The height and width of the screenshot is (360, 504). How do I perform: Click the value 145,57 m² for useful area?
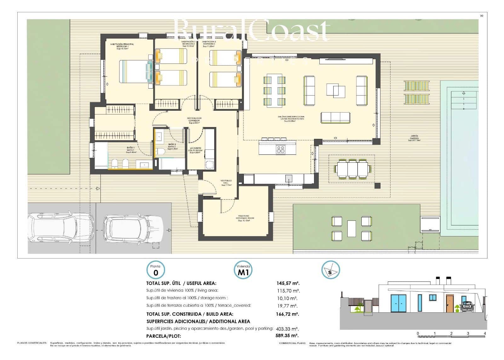pyautogui.click(x=287, y=283)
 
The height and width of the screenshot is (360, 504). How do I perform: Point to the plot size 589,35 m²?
pyautogui.click(x=287, y=336)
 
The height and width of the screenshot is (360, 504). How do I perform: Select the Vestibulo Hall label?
pyautogui.click(x=226, y=183)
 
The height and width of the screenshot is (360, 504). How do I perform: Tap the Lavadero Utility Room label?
pyautogui.click(x=195, y=150)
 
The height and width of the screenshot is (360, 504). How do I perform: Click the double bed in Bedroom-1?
pyautogui.click(x=136, y=71)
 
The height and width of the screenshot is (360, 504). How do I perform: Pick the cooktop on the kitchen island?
pyautogui.click(x=281, y=149)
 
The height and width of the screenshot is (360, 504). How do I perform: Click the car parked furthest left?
pyautogui.click(x=60, y=228)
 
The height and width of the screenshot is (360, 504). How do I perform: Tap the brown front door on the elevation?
pyautogui.click(x=449, y=304)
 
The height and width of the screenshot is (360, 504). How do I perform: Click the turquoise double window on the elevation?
pyautogui.click(x=399, y=303)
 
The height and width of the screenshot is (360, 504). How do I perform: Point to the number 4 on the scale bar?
pyautogui.click(x=485, y=333)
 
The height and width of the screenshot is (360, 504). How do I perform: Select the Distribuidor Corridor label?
pyautogui.click(x=195, y=120)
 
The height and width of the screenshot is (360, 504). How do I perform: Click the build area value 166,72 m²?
pyautogui.click(x=287, y=314)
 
